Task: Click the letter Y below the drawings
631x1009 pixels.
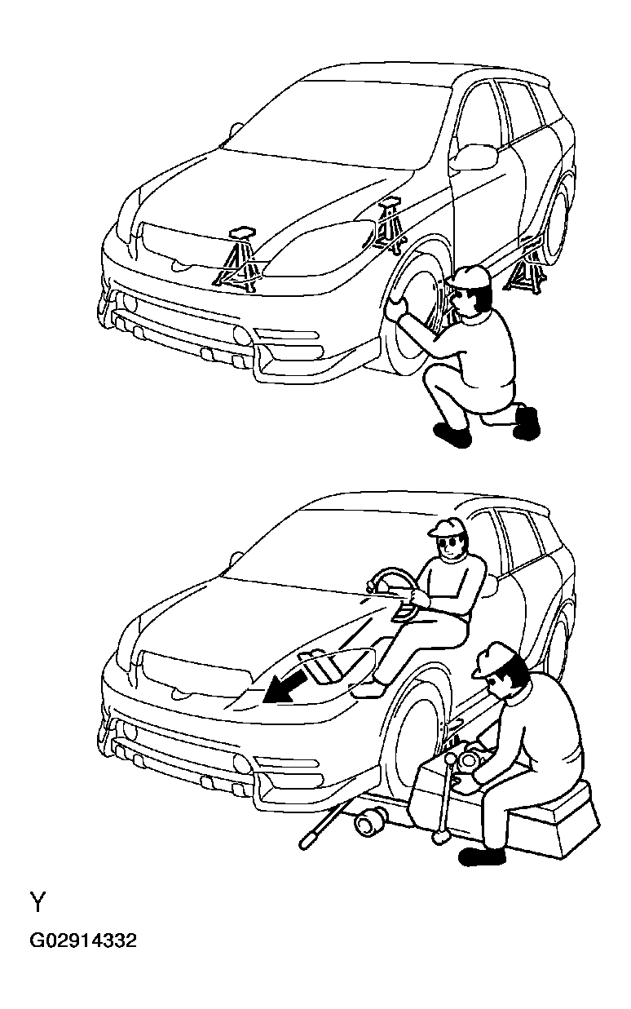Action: (38, 903)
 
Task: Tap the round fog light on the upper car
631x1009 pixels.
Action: (240, 334)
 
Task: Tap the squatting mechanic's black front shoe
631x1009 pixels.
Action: (452, 435)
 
